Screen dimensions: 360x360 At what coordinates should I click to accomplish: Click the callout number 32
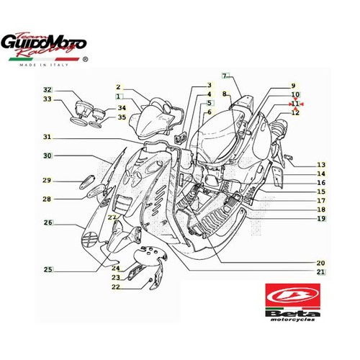point(48,90)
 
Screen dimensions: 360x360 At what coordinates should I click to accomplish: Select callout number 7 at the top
point(225,76)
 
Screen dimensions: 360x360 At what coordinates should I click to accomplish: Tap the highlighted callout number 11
point(295,104)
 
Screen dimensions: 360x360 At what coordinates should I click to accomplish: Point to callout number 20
point(320,263)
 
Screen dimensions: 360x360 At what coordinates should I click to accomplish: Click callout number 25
point(48,269)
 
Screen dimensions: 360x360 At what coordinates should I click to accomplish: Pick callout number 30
point(48,156)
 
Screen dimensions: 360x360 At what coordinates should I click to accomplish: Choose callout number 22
point(116,287)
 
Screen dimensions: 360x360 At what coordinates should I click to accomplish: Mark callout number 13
point(321,165)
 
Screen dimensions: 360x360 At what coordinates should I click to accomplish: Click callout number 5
point(210,103)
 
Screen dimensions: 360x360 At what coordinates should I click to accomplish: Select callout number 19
point(321,218)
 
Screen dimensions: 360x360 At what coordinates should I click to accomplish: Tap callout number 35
point(122,117)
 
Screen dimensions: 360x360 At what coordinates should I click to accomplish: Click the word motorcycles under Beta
point(292,320)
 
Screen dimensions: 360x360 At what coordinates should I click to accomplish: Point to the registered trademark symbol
point(85,59)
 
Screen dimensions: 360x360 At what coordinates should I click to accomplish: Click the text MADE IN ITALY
point(44,65)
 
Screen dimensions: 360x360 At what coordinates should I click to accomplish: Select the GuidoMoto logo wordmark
point(43,45)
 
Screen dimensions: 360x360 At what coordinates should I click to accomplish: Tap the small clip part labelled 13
point(288,157)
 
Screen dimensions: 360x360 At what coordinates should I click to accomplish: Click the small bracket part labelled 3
point(180,138)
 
